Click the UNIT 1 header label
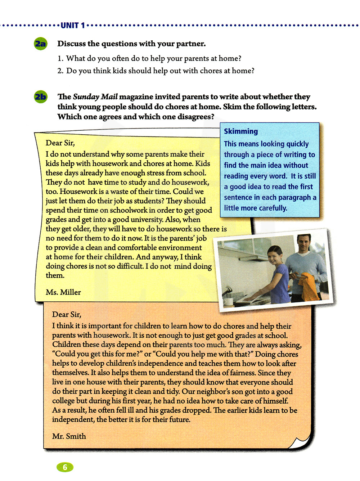pyautogui.click(x=73, y=25)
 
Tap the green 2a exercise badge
pyautogui.click(x=41, y=44)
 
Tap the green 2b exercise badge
pyautogui.click(x=41, y=97)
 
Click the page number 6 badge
pyautogui.click(x=65, y=467)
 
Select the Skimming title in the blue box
pyautogui.click(x=241, y=131)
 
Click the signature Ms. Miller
pyautogui.click(x=63, y=292)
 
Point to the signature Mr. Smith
pyautogui.click(x=69, y=436)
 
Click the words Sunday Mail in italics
pyautogui.click(x=95, y=96)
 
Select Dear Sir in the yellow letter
pyautogui.click(x=60, y=143)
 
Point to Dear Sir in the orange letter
pyautogui.click(x=67, y=314)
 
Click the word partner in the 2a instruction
pyautogui.click(x=190, y=44)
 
